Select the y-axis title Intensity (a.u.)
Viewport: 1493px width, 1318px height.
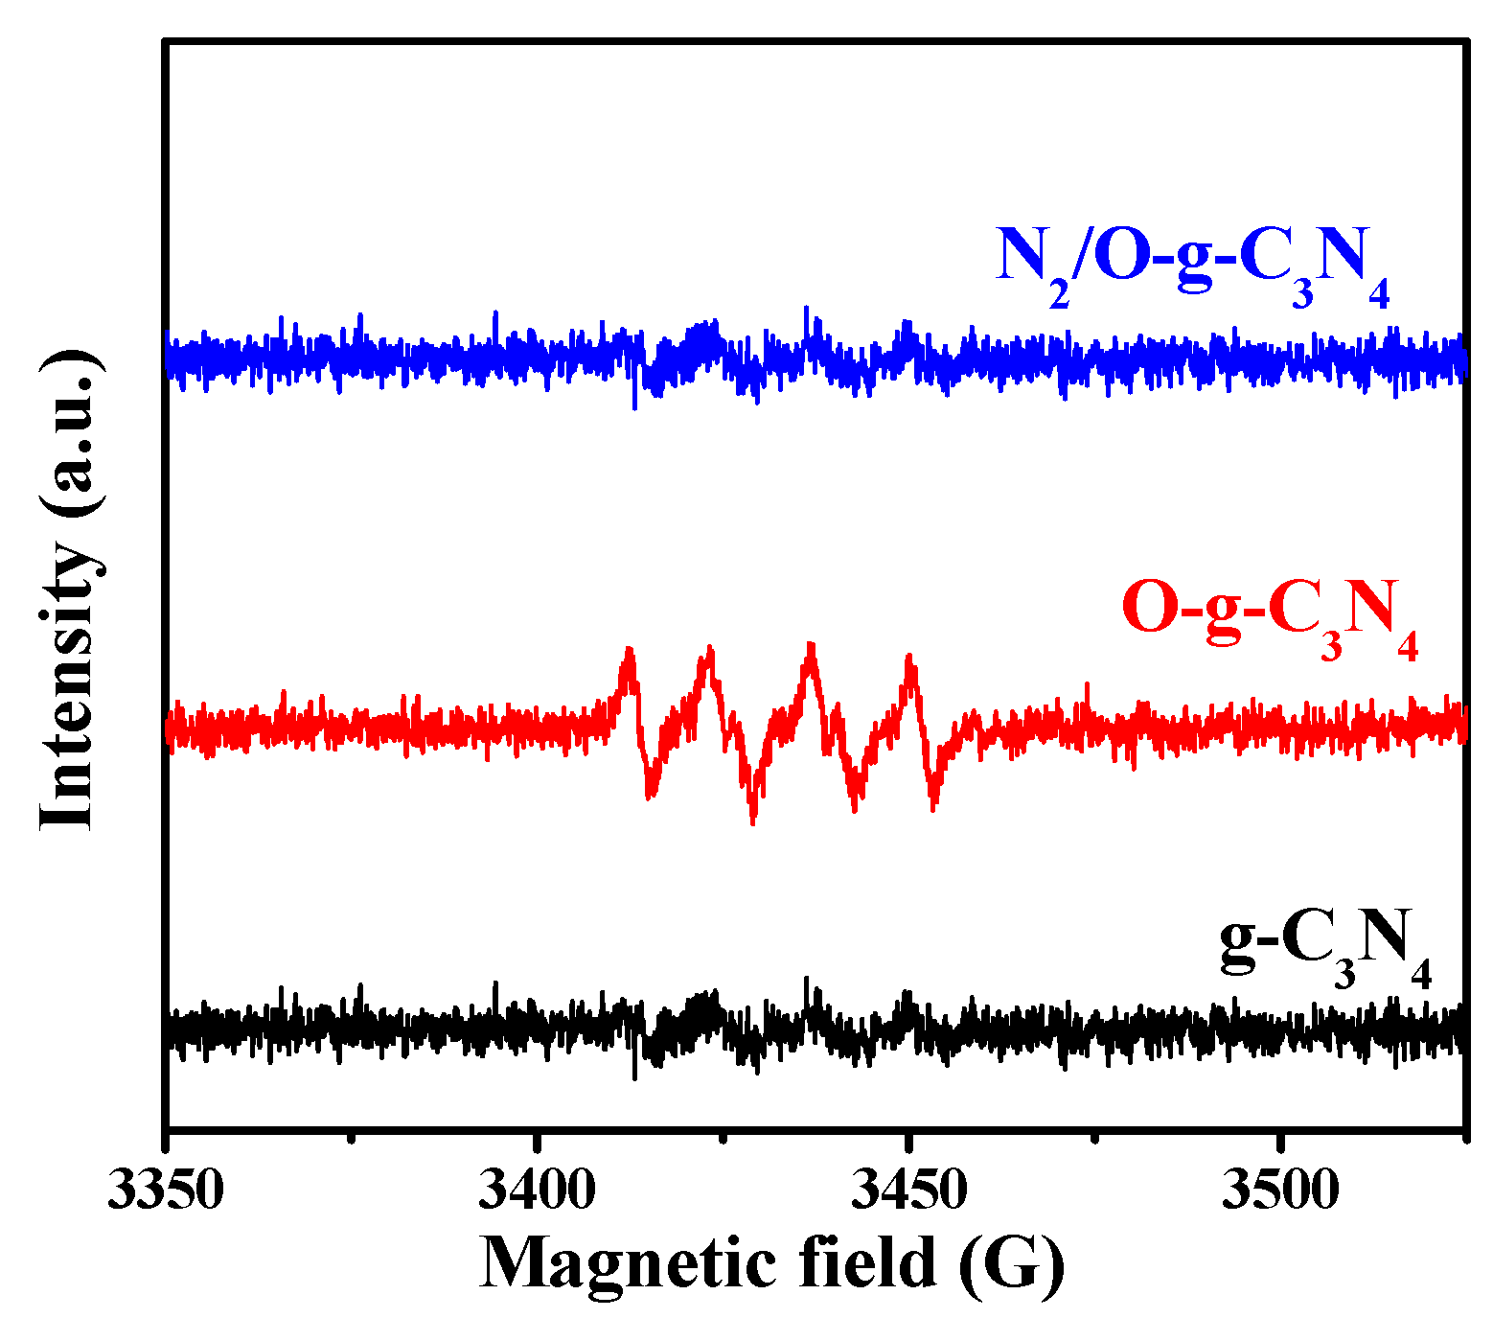(x=69, y=590)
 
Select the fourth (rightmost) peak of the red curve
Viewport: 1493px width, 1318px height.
(x=909, y=659)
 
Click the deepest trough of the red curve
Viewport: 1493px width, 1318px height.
(x=753, y=821)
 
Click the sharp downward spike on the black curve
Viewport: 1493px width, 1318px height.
(x=634, y=1076)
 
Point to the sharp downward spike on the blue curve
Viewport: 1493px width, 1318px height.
(x=634, y=406)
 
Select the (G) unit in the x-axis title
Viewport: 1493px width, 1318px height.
(x=1012, y=1263)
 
